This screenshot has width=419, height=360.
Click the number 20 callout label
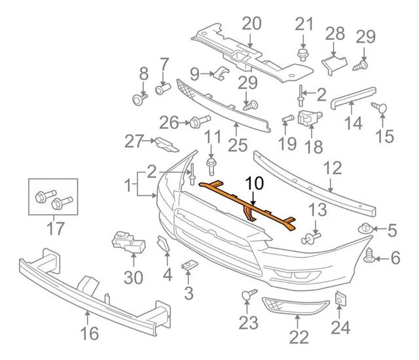tap(251, 24)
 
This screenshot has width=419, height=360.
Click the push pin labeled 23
tap(249, 296)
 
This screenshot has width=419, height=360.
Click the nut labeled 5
tap(365, 229)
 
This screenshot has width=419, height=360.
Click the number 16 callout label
tap(89, 334)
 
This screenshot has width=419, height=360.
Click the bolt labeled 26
tap(198, 121)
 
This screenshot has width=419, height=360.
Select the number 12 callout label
tap(332, 168)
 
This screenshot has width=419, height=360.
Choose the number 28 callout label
tap(335, 33)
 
